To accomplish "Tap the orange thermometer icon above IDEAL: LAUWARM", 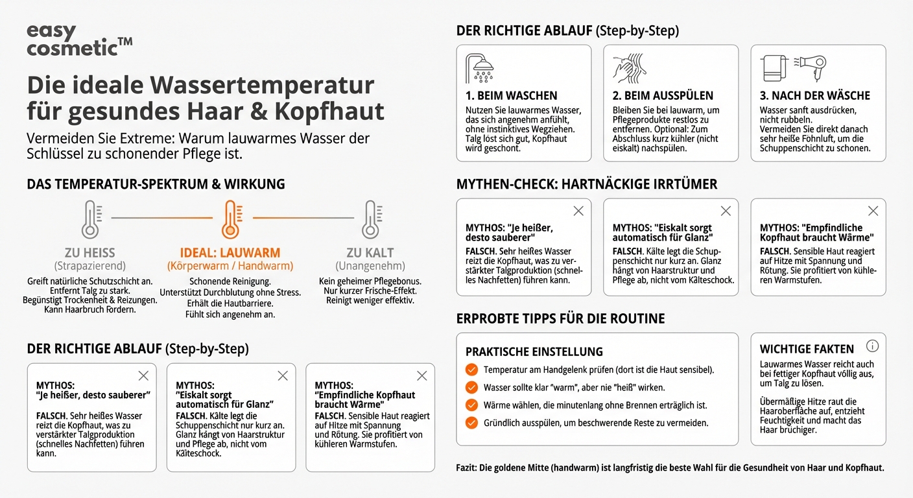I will point(230,219).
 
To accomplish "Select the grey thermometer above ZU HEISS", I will point(90,219).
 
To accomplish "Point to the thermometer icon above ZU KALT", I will point(371,219).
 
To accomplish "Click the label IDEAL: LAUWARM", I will point(230,253).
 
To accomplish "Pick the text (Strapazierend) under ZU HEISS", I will point(90,266).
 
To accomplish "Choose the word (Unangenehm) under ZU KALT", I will point(370,266).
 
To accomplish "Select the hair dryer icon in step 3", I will point(812,67).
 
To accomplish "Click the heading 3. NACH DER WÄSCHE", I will point(815,95).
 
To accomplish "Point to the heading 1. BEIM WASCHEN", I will point(511,95).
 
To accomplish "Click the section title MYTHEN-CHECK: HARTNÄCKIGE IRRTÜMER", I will point(587,184).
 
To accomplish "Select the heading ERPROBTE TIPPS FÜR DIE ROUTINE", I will point(560,318).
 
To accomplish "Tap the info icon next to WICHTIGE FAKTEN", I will point(872,346).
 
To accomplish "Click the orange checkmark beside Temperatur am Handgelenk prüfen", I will point(471,370).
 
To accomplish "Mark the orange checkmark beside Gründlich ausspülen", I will point(471,423).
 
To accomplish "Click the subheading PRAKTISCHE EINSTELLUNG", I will point(534,351).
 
